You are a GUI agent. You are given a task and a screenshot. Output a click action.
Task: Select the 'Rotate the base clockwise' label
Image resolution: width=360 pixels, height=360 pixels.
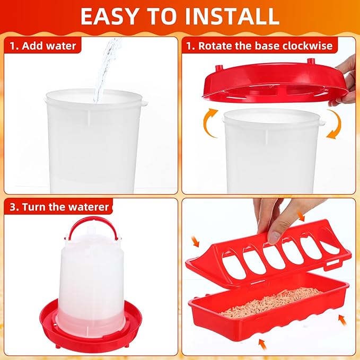click(x=259, y=46)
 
